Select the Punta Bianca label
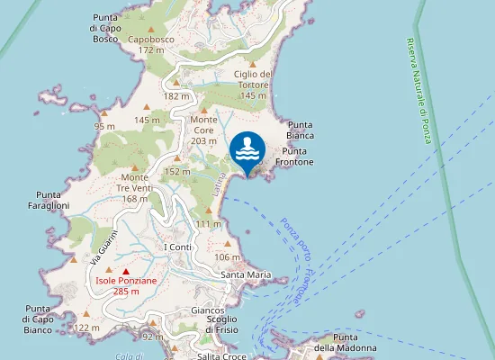[x=300, y=130]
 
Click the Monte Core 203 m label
[x=203, y=130]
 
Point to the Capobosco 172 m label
[x=151, y=45]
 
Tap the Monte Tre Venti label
[x=134, y=183]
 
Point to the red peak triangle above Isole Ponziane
[x=126, y=271]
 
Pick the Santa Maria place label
[x=247, y=274]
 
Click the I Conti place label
[x=177, y=247]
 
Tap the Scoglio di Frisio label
[x=220, y=324]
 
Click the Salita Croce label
[x=221, y=356]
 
